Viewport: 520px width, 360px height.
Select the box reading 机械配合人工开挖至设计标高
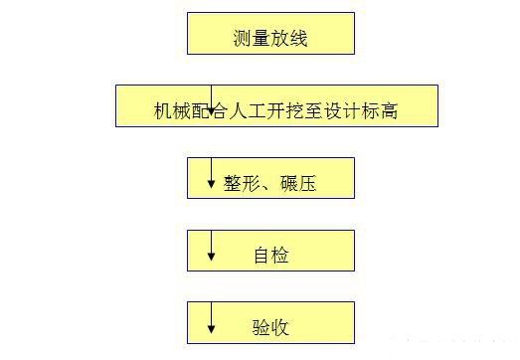click(x=275, y=105)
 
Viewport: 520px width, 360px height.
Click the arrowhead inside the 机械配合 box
click(x=211, y=111)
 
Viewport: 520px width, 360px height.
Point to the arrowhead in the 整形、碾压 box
click(x=211, y=184)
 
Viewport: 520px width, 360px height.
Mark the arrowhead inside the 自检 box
click(x=211, y=257)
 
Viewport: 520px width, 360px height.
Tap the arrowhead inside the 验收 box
click(x=211, y=329)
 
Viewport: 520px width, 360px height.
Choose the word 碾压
click(x=297, y=184)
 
